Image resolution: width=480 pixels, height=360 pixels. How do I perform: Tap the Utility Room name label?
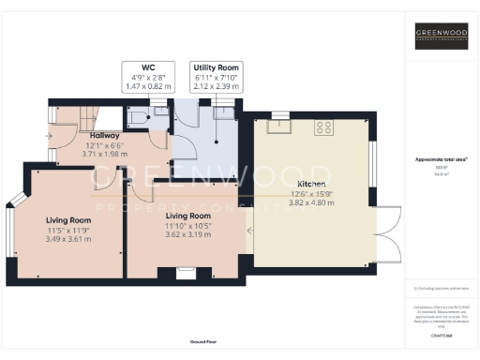pyautogui.click(x=217, y=68)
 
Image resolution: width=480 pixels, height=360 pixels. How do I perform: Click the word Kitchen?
pyautogui.click(x=312, y=183)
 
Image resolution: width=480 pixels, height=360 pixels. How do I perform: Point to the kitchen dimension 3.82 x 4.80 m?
pyautogui.click(x=312, y=202)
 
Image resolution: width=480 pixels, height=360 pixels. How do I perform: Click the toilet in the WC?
pyautogui.click(x=138, y=116)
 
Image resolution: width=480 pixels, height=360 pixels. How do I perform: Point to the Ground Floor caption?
pyautogui.click(x=202, y=343)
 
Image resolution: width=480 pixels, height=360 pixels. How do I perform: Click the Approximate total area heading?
pyautogui.click(x=441, y=160)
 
